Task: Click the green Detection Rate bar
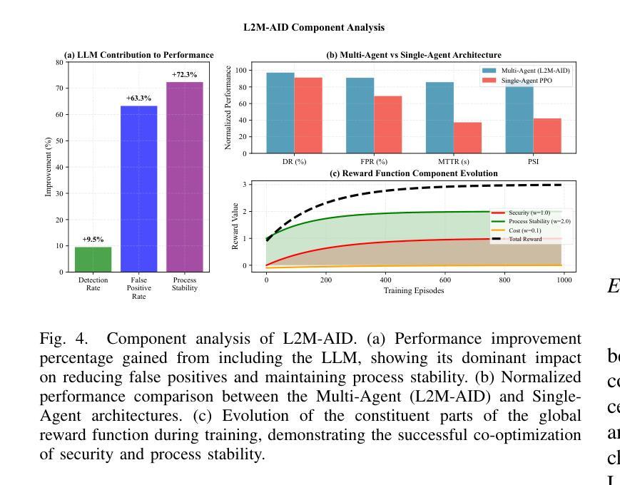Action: coord(93,259)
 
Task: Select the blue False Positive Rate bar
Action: coord(138,188)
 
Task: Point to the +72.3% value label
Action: coord(185,75)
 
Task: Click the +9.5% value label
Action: coord(93,240)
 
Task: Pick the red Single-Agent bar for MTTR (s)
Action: coord(468,138)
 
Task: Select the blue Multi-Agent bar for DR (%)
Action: coord(280,113)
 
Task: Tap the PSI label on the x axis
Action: coord(534,162)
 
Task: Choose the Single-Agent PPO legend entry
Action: coord(527,81)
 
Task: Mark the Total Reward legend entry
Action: coord(525,239)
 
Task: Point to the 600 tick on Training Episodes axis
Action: coord(445,280)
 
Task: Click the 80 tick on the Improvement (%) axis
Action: coord(59,62)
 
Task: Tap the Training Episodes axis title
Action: coord(414,290)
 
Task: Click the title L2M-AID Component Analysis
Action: coord(314,28)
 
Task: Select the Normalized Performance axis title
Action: coord(228,108)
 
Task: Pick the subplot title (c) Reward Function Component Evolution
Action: coord(413,173)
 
